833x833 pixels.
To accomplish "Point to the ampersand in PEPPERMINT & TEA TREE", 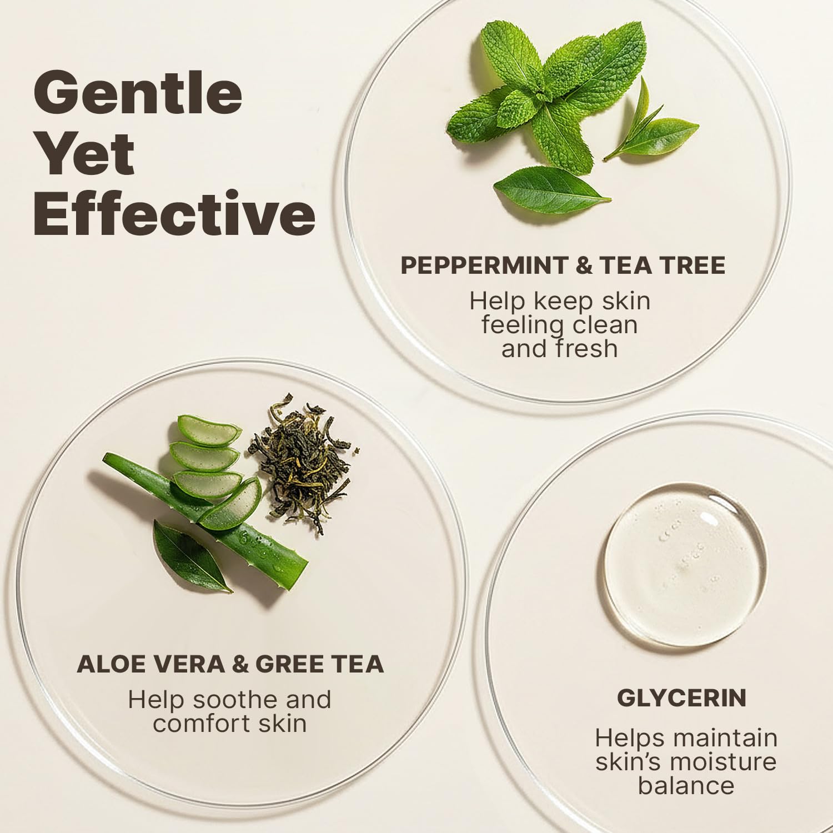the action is [584, 265].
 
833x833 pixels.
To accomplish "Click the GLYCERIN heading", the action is [681, 698].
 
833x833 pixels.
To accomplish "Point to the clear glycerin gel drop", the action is [685, 565].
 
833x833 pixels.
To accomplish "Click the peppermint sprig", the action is [547, 94].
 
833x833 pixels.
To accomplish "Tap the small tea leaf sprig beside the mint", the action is [653, 125].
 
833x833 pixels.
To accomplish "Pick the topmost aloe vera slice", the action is [209, 431].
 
